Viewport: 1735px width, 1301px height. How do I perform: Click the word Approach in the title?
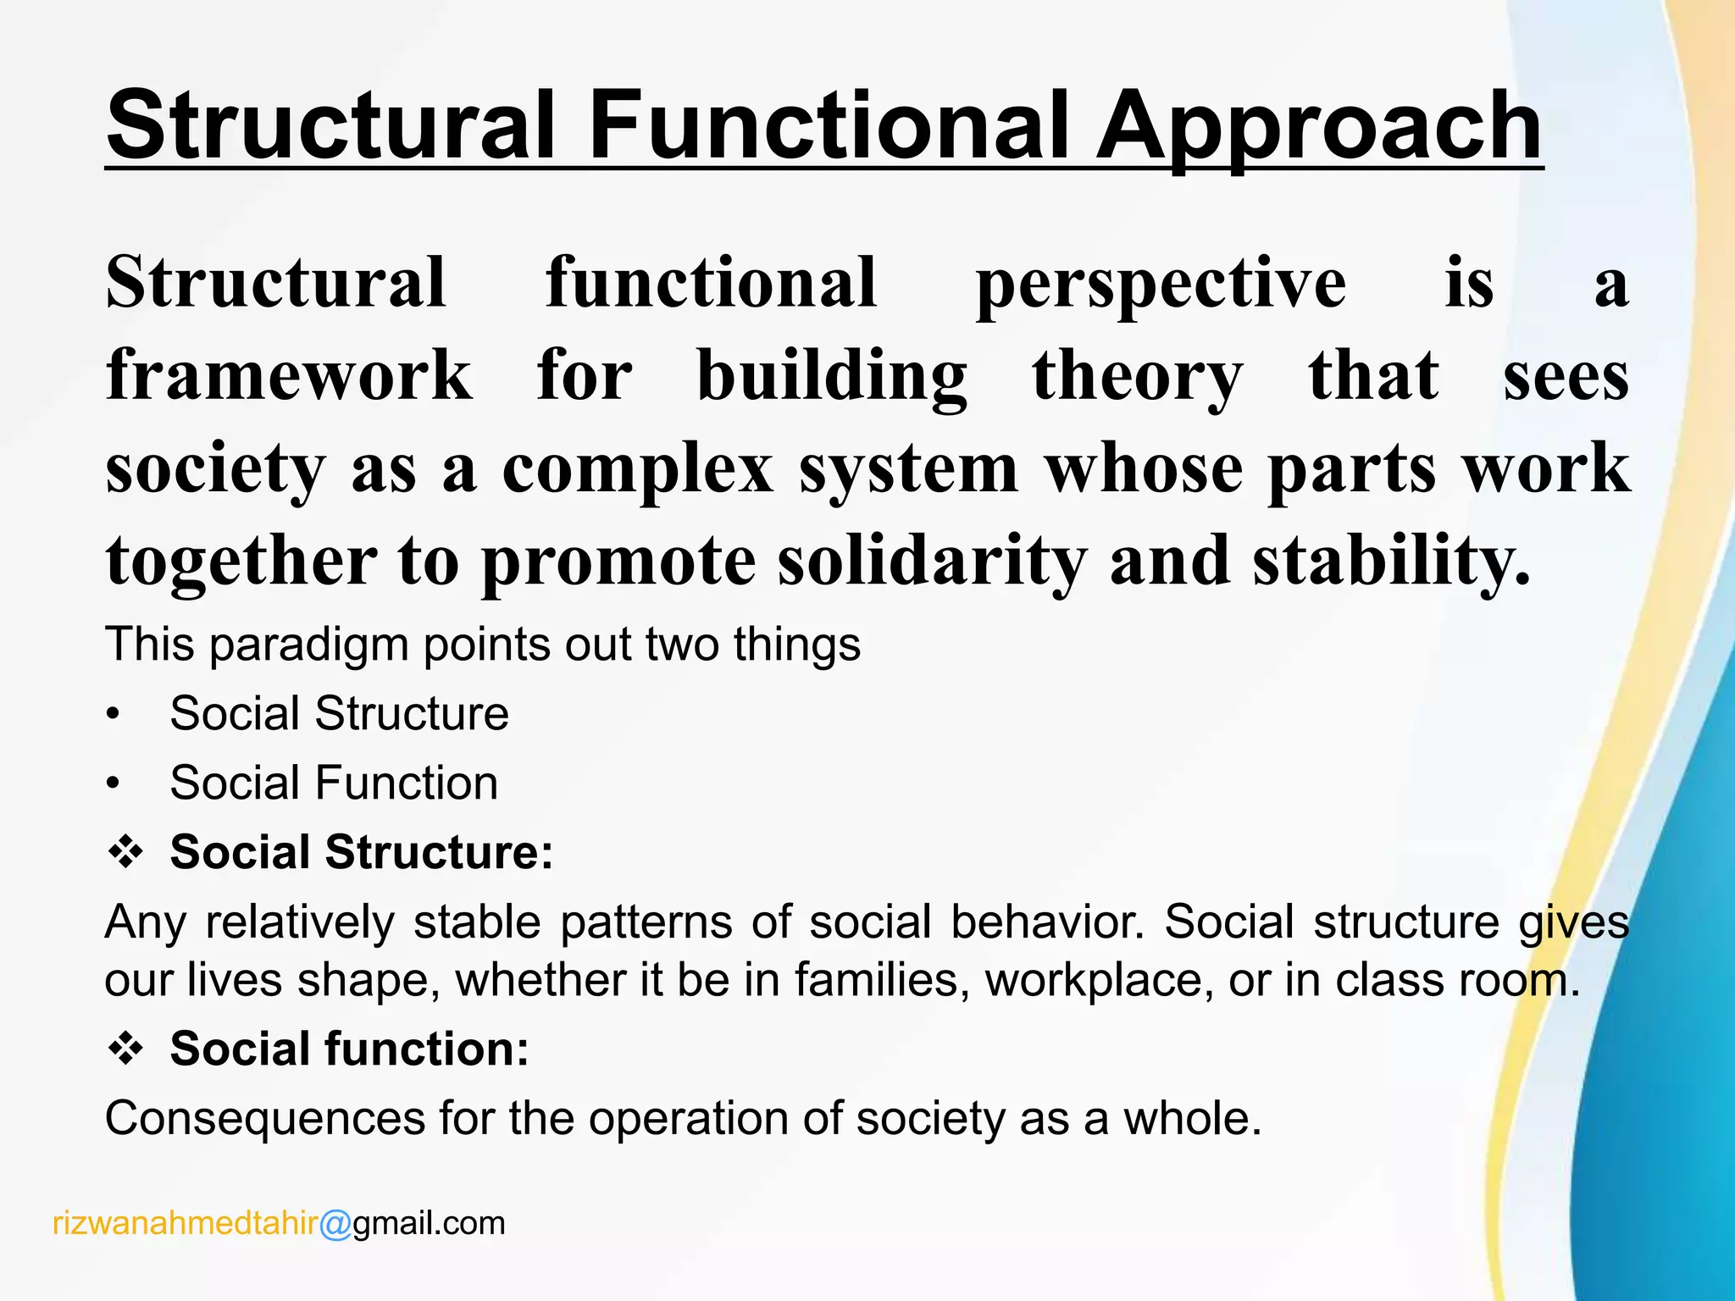[x=1317, y=127]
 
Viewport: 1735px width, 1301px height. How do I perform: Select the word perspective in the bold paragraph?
[x=1161, y=284]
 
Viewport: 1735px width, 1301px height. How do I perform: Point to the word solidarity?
[x=932, y=561]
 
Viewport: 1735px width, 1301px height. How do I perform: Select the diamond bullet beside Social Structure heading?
[x=125, y=852]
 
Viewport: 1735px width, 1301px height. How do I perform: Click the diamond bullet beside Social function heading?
[x=125, y=1050]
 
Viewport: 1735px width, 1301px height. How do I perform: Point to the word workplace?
[x=1093, y=981]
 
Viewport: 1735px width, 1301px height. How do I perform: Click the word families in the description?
[x=881, y=981]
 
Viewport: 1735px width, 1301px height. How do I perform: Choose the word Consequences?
[x=264, y=1119]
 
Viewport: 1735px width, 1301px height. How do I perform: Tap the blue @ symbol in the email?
[x=335, y=1225]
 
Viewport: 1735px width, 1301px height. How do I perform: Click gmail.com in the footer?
[x=429, y=1224]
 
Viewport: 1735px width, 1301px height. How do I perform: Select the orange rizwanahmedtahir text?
[x=185, y=1224]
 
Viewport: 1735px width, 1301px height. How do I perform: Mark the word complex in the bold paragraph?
[x=637, y=469]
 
